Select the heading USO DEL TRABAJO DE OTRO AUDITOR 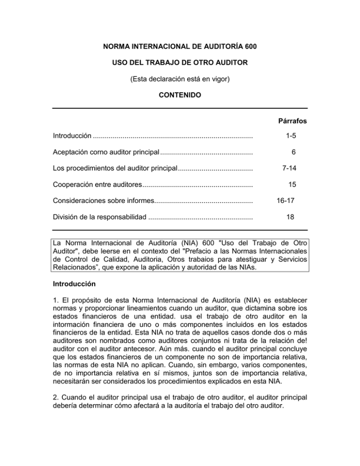click(x=180, y=63)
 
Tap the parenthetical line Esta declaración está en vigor click(x=180, y=80)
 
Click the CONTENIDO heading click(x=180, y=96)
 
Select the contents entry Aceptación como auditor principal click(x=105, y=152)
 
